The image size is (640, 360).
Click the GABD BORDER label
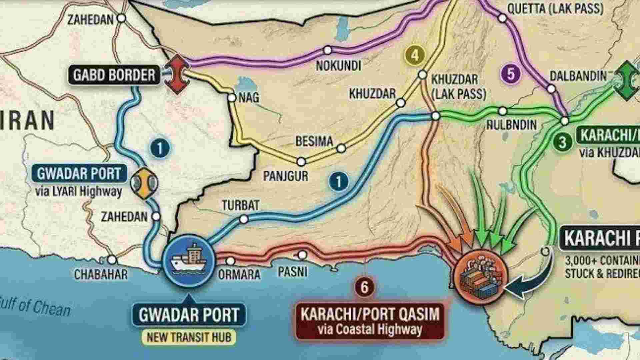click(x=114, y=75)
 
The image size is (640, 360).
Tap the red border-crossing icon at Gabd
click(x=177, y=74)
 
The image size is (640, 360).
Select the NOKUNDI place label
click(x=338, y=66)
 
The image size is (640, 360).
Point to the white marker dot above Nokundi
click(x=328, y=50)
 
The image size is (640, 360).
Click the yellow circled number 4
click(x=414, y=55)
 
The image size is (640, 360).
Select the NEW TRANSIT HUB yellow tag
click(x=189, y=337)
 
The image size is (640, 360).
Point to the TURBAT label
click(x=240, y=205)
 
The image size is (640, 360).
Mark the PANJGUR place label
click(x=286, y=176)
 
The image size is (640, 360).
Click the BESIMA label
click(x=314, y=141)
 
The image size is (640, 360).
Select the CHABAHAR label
click(x=101, y=274)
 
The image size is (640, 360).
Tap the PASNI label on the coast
click(x=292, y=272)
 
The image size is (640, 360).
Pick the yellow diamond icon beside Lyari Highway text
click(x=144, y=182)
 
